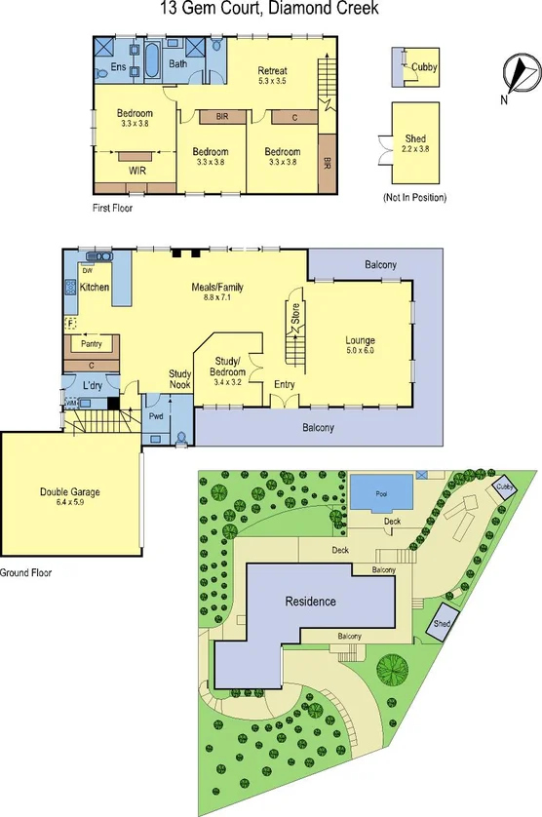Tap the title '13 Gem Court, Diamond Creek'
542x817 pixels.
click(270, 10)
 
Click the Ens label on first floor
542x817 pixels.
click(117, 67)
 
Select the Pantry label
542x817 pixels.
click(92, 344)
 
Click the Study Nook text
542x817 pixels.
click(179, 378)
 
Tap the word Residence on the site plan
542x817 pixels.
click(310, 601)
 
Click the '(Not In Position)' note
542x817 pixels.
click(414, 198)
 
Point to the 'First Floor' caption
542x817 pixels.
click(112, 208)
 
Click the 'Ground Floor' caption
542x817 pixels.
click(26, 573)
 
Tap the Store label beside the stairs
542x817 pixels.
click(295, 313)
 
